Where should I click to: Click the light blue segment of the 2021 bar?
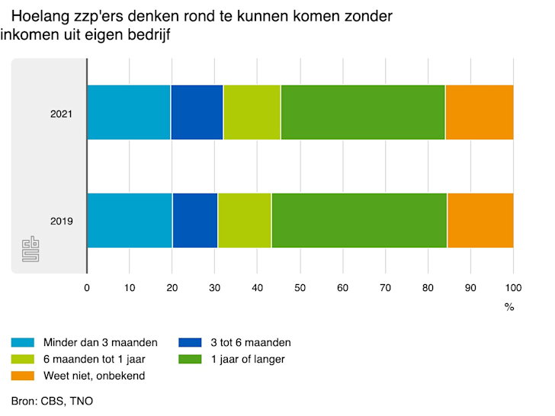[x=128, y=112]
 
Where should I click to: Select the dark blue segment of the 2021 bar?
[x=197, y=112]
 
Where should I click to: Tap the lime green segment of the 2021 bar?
[x=252, y=112]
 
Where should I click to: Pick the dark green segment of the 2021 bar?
[x=363, y=112]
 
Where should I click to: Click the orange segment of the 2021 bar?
[x=479, y=112]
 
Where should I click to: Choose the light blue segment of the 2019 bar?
[x=130, y=220]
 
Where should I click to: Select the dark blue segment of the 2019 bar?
[x=195, y=220]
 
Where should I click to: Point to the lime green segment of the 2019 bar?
[x=245, y=220]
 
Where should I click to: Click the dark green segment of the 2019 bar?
[x=359, y=220]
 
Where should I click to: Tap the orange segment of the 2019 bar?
[x=480, y=220]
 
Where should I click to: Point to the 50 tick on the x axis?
[x=300, y=288]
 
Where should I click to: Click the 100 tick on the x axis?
[x=513, y=288]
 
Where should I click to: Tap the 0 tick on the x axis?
[x=87, y=288]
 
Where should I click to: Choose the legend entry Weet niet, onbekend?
[x=84, y=376]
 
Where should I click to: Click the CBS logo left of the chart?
[x=30, y=249]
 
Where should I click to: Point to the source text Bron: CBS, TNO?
[x=52, y=401]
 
